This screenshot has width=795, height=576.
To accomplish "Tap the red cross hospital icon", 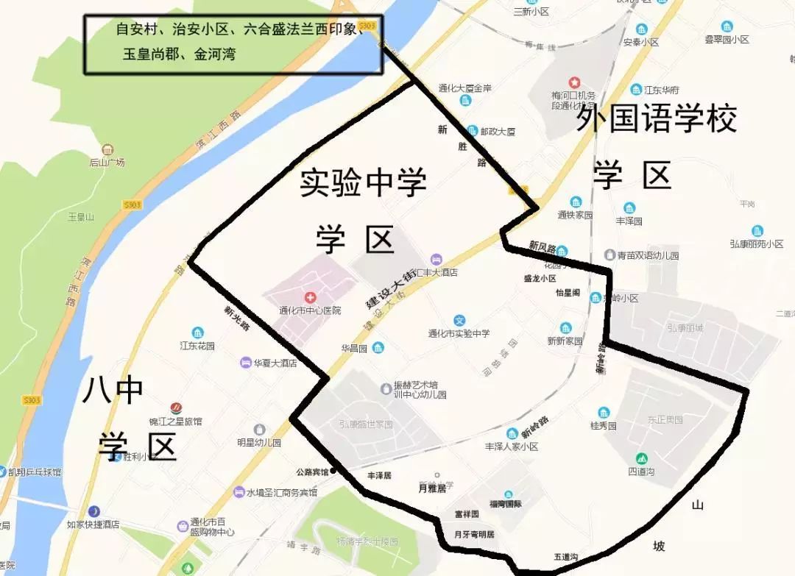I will [x=311, y=297].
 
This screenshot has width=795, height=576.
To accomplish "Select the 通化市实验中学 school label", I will [x=459, y=333].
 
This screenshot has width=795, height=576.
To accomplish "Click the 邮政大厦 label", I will [x=498, y=132].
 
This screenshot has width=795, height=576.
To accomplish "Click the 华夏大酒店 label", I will [x=275, y=363].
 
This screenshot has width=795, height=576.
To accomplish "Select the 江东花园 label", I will [x=197, y=345].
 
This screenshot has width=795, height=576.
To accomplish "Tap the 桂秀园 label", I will [x=604, y=425].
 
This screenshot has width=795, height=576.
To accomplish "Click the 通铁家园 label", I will [x=575, y=216].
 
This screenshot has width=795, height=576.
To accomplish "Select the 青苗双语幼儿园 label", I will [x=648, y=255].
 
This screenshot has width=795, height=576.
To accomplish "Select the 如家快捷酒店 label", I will [x=93, y=525].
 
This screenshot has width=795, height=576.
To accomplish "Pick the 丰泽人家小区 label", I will [x=512, y=447].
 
